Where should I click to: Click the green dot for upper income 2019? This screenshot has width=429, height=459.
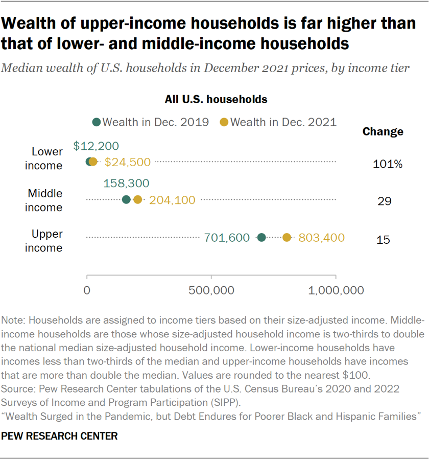click(x=261, y=237)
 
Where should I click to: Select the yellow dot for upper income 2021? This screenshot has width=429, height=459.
click(x=287, y=237)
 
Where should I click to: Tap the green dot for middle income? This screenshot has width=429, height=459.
click(x=127, y=200)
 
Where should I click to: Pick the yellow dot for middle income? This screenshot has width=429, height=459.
click(x=137, y=200)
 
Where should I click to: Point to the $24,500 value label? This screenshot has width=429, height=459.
click(x=127, y=163)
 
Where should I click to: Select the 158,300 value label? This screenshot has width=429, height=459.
click(x=126, y=183)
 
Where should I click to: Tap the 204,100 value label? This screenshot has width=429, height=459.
click(x=172, y=200)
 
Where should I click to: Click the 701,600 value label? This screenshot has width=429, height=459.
click(x=227, y=238)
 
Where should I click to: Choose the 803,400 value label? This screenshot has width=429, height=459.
click(x=321, y=238)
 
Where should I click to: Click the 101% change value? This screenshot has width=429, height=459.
click(x=388, y=165)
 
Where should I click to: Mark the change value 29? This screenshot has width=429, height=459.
click(x=385, y=201)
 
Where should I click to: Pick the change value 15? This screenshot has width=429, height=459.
click(x=383, y=239)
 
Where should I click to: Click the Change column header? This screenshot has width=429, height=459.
click(x=383, y=132)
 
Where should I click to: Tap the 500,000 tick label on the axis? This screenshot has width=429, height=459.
click(x=211, y=291)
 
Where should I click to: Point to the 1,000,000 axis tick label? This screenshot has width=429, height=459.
click(x=336, y=291)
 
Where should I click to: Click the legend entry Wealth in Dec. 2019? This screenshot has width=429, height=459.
click(x=151, y=122)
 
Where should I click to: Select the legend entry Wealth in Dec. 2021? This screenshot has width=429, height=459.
click(x=278, y=122)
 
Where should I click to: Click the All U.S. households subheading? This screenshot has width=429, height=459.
click(x=216, y=99)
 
